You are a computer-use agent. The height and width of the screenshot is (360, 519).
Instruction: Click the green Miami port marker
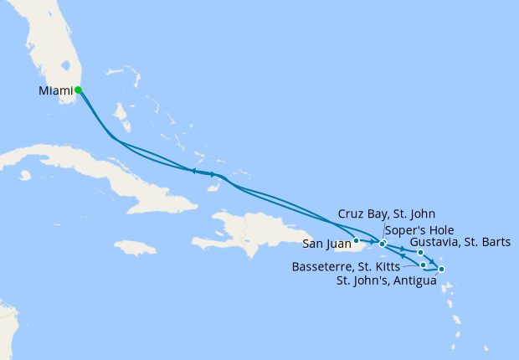(78, 90)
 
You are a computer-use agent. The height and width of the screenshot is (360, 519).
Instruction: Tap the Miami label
(54, 90)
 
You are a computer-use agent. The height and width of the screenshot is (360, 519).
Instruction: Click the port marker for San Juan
(357, 240)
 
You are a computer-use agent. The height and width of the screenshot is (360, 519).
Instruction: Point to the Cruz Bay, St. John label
(386, 214)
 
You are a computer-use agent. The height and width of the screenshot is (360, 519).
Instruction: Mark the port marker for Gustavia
(420, 252)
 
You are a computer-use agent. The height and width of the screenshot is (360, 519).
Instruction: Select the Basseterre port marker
(424, 265)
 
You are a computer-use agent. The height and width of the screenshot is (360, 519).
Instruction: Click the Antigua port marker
(441, 269)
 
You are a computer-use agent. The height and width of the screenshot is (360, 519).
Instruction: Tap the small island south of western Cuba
(25, 176)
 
